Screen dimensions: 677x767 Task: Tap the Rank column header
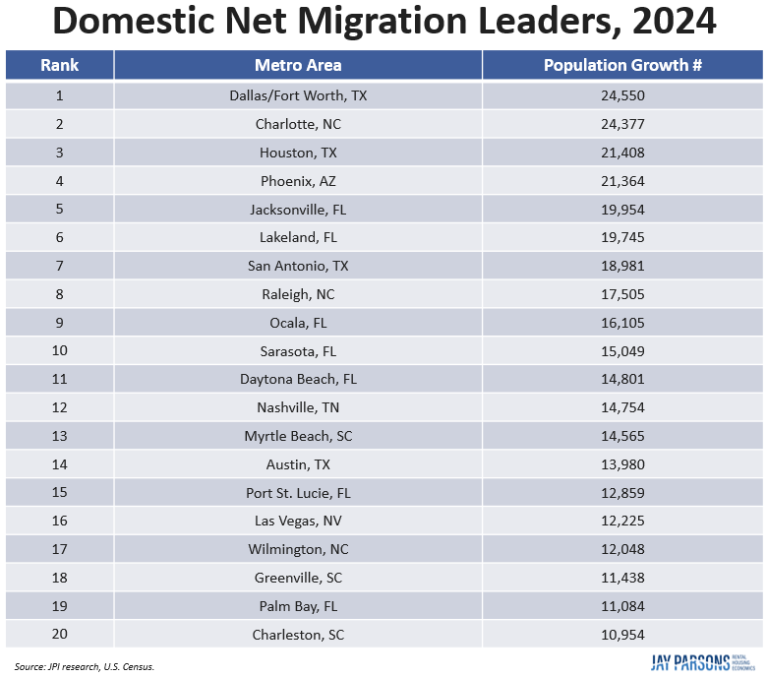point(59,65)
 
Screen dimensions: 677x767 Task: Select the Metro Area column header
point(298,65)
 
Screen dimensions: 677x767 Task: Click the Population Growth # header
point(622,65)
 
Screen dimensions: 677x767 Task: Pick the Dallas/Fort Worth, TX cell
point(298,95)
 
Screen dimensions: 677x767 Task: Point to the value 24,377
point(622,124)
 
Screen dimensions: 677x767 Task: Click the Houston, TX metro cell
point(298,153)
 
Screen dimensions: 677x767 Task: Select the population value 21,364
point(622,181)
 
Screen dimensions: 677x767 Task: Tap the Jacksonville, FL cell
point(298,210)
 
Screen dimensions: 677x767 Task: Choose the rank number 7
point(59,266)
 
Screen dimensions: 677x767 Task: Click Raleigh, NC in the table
point(298,294)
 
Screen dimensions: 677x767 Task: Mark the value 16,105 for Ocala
point(622,323)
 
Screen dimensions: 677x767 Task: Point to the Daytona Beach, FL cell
point(298,379)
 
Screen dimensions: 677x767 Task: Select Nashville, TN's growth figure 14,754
point(622,407)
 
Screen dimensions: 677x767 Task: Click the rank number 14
point(59,464)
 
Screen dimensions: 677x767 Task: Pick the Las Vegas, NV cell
point(298,521)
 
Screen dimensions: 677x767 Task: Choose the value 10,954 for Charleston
point(622,635)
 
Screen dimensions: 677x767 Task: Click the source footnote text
point(85,666)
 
